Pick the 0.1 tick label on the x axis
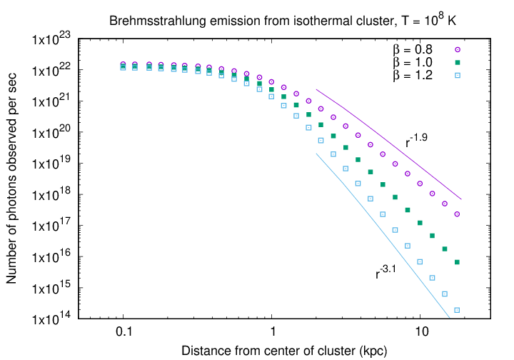point(124,333)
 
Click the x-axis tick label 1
point(272,333)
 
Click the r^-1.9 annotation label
point(417,141)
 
